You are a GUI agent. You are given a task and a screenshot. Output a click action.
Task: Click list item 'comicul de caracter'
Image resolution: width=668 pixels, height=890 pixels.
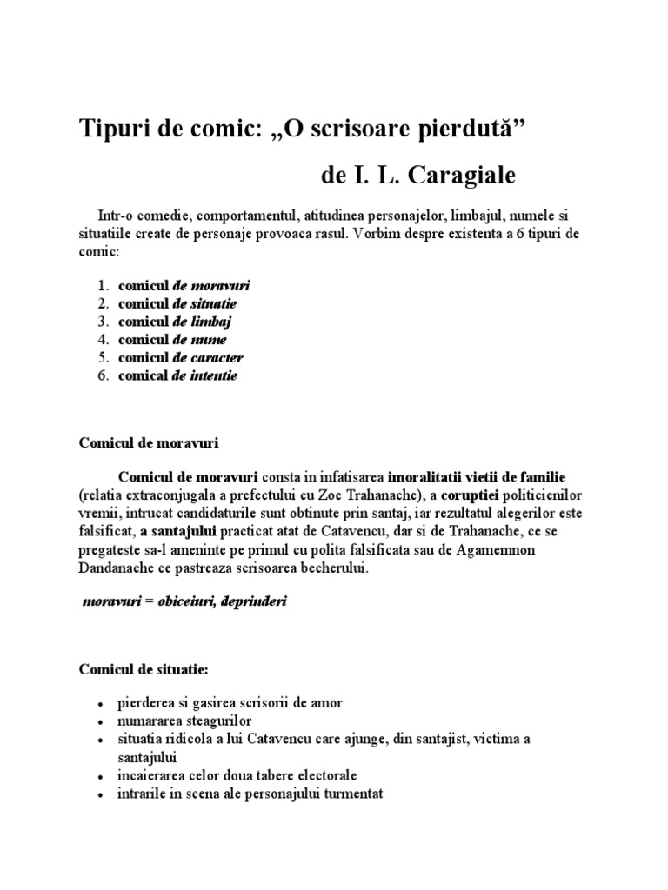[181, 357]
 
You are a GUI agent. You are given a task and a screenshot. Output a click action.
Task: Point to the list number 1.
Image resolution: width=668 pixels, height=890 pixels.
[102, 285]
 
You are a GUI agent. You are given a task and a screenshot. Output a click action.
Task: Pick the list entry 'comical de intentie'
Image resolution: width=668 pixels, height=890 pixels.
[178, 375]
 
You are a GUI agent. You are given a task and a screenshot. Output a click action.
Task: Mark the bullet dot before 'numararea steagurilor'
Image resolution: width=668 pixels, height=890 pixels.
[102, 722]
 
